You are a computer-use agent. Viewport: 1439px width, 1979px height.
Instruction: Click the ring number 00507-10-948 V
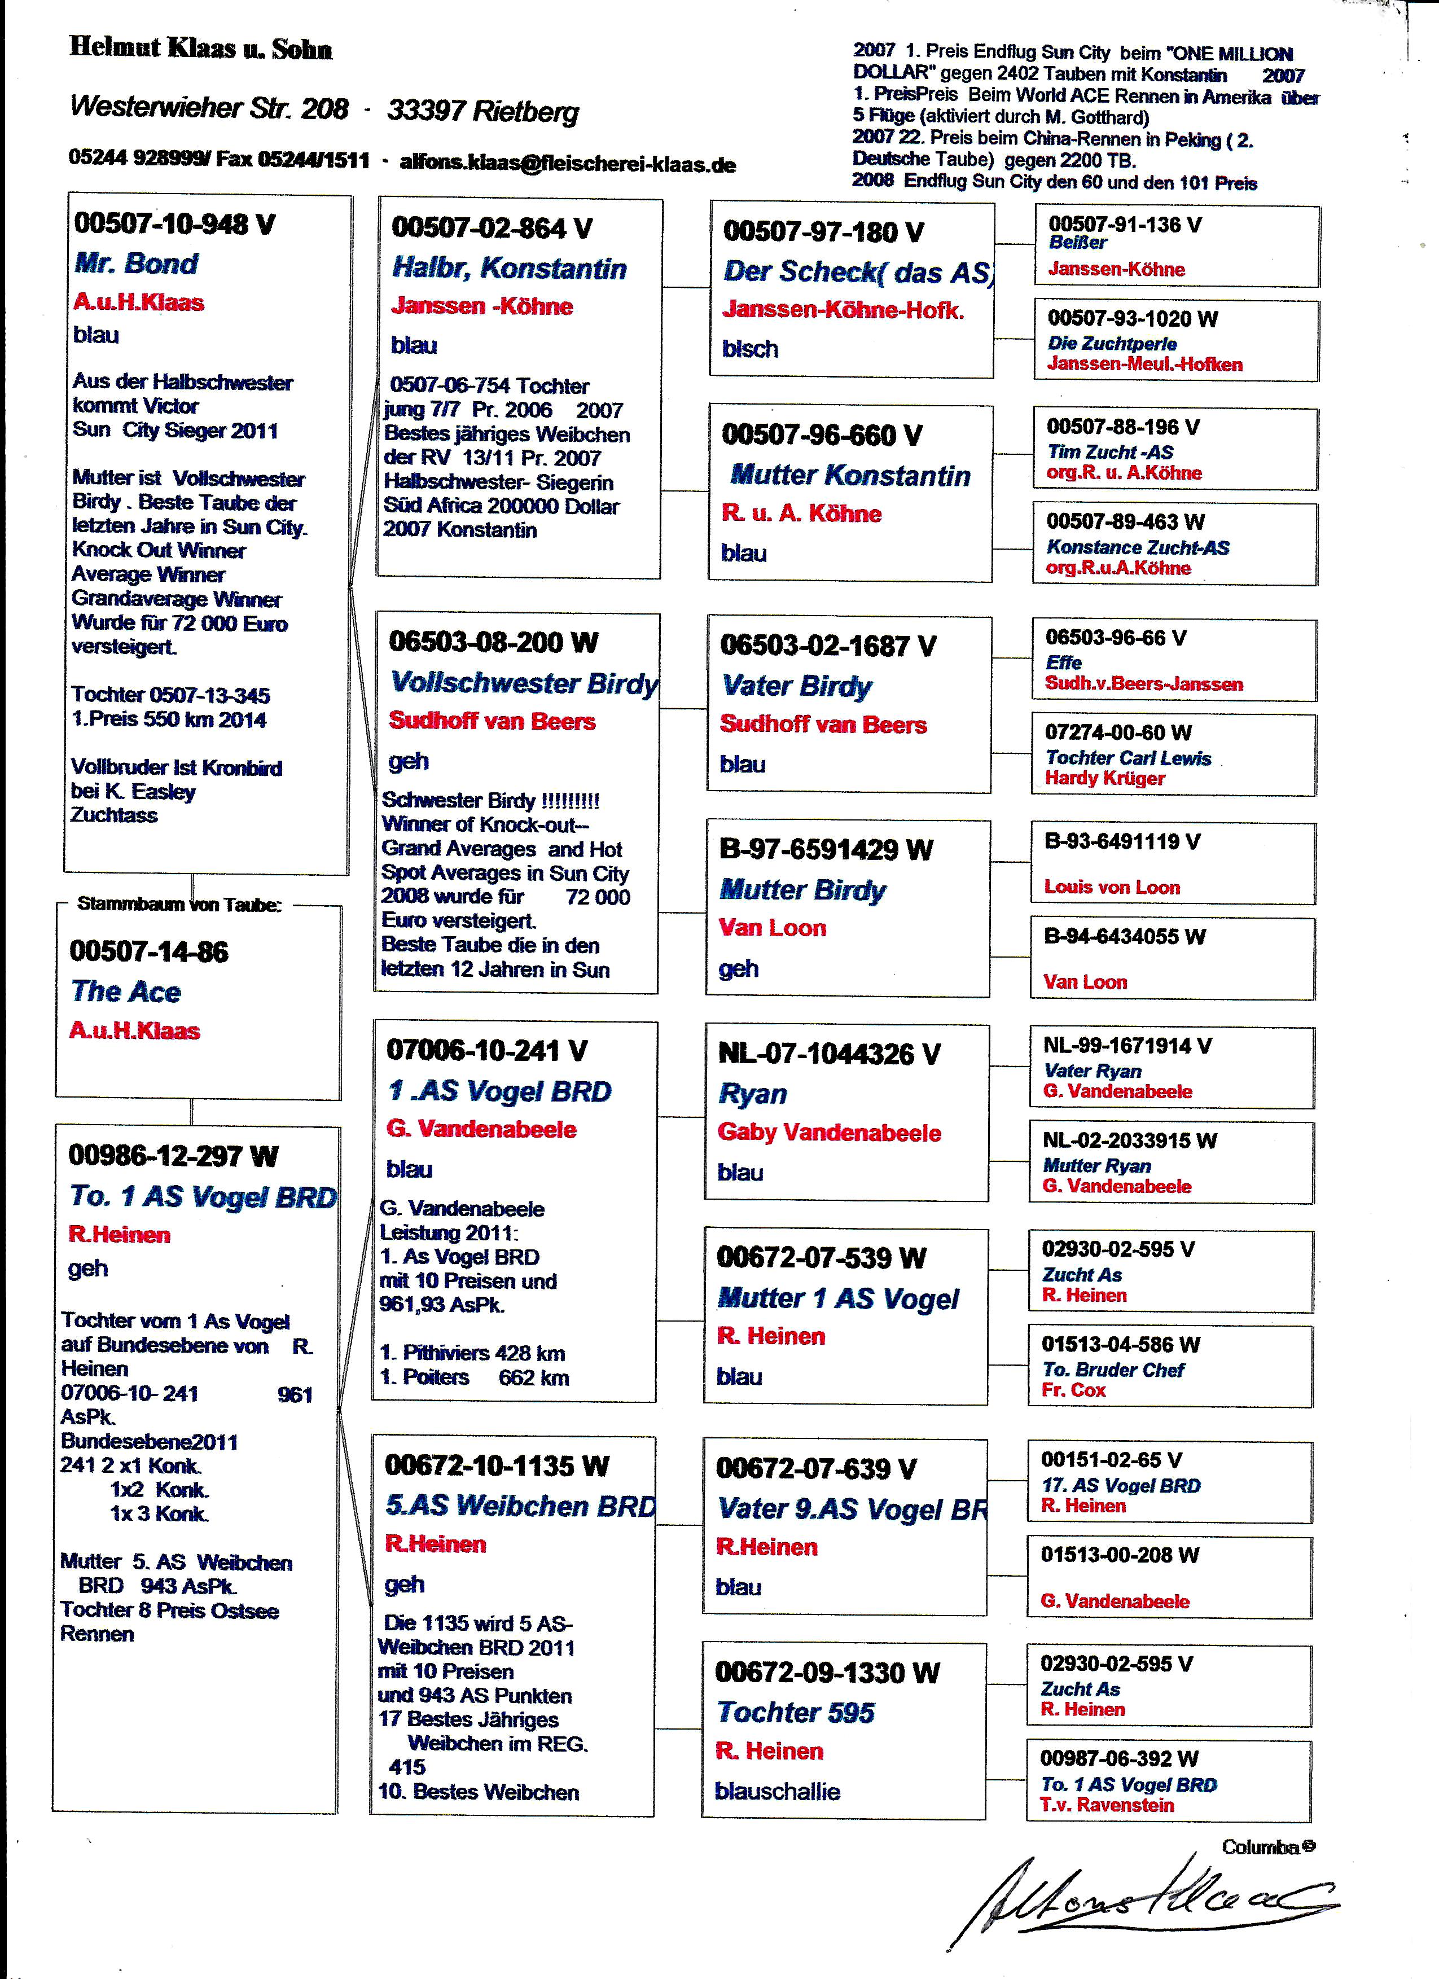(x=174, y=224)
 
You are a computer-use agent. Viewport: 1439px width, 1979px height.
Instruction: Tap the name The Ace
(x=126, y=991)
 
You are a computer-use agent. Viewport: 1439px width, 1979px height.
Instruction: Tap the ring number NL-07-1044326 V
(x=828, y=1054)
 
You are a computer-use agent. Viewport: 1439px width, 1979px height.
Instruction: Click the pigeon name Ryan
(x=752, y=1094)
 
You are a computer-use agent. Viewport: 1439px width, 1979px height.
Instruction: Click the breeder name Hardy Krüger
(x=1105, y=778)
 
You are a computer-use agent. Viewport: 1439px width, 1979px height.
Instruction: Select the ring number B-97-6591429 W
(x=826, y=849)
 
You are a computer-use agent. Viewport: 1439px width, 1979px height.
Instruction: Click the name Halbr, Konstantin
(x=509, y=268)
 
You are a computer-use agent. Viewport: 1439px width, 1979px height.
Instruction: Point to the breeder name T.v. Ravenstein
(x=1107, y=1805)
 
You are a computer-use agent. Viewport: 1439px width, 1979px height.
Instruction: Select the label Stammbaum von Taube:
(x=179, y=904)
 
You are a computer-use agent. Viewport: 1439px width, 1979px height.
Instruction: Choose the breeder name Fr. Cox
(x=1073, y=1390)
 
